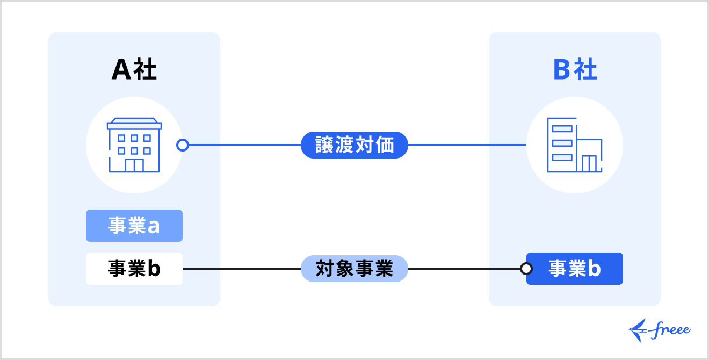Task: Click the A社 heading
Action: (x=134, y=70)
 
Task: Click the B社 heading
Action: (x=575, y=70)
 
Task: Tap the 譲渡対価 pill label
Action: (x=354, y=145)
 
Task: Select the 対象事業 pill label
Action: (x=354, y=269)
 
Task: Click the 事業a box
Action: (x=134, y=226)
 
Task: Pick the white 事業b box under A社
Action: (x=134, y=269)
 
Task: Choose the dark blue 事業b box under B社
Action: (x=575, y=269)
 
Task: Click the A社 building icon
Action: (x=134, y=145)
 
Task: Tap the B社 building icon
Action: (x=575, y=145)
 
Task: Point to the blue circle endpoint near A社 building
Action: (x=183, y=145)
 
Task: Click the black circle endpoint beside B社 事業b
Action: (x=526, y=269)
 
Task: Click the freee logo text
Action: (x=671, y=330)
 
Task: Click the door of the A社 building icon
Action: (x=134, y=165)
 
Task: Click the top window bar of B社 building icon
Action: (x=562, y=129)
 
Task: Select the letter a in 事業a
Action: (x=154, y=226)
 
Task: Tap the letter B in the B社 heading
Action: (x=562, y=70)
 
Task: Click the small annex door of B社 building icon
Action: (x=589, y=164)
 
